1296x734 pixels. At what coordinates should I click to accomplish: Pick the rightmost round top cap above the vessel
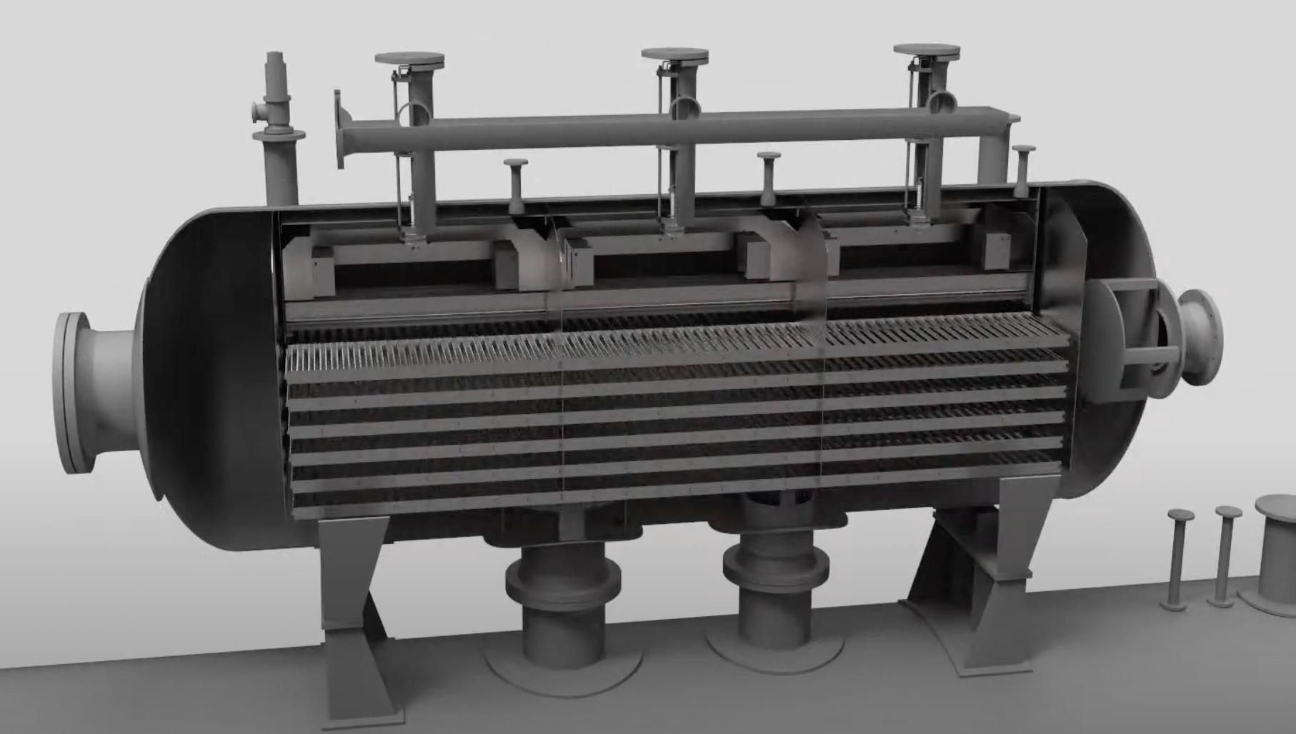coord(927,51)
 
